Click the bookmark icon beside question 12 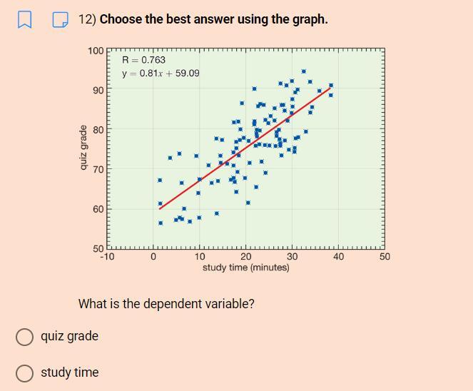point(24,20)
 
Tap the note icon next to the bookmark point(61,20)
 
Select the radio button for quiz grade point(25,337)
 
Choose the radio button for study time point(25,373)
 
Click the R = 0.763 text point(143,60)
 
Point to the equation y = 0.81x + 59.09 point(161,73)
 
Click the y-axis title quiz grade point(83,148)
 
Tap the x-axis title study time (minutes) point(246,268)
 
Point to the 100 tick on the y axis point(96,51)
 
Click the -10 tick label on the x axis point(107,257)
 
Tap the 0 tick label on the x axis point(153,257)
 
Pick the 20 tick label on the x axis point(245,257)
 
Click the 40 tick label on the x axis point(338,257)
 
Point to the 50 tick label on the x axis point(385,257)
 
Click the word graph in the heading point(308,19)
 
